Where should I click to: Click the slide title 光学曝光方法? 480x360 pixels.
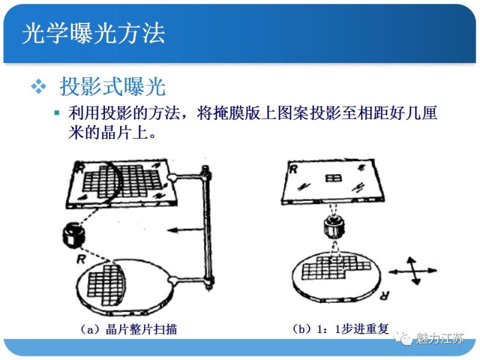[x=93, y=34]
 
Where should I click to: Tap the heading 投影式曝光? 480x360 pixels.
[x=112, y=87]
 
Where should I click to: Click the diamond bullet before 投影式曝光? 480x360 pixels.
[x=39, y=87]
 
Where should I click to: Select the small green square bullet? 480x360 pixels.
[x=57, y=113]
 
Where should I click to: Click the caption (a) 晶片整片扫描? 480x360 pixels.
[x=128, y=329]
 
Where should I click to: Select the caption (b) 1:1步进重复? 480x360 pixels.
[x=340, y=329]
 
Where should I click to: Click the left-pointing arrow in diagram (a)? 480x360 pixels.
[x=183, y=229]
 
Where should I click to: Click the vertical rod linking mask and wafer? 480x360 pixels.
[x=206, y=228]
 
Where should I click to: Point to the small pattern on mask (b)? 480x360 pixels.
[x=331, y=178]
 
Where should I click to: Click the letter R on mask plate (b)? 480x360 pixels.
[x=293, y=169]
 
